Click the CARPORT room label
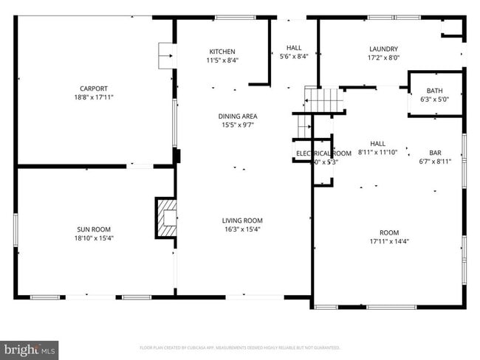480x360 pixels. pyautogui.click(x=93, y=89)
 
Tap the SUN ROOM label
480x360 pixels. pyautogui.click(x=94, y=229)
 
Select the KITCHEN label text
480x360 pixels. pyautogui.click(x=222, y=52)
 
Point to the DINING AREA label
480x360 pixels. pyautogui.click(x=238, y=117)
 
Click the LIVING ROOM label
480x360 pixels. pyautogui.click(x=242, y=221)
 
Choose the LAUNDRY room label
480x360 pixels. pyautogui.click(x=383, y=49)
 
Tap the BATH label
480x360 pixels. pyautogui.click(x=434, y=90)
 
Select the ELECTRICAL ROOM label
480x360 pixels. pyautogui.click(x=323, y=153)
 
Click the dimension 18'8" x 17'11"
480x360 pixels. pyautogui.click(x=93, y=97)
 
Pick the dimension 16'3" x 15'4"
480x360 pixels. pyautogui.click(x=242, y=229)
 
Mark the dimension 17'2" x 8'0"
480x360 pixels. pyautogui.click(x=383, y=58)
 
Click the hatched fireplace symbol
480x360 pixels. pyautogui.click(x=166, y=217)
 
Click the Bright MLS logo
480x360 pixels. pyautogui.click(x=30, y=348)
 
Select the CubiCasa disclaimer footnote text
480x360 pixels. pyautogui.click(x=239, y=347)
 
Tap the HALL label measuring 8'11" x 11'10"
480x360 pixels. pyautogui.click(x=377, y=143)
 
